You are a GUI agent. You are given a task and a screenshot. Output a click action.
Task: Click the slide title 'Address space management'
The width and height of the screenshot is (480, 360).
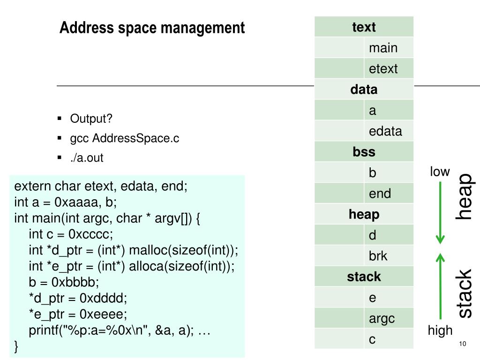coord(152,28)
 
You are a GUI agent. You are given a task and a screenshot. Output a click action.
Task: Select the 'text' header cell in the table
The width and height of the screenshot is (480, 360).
coord(364,27)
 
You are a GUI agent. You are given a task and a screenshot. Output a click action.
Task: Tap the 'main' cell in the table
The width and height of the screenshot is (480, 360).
coord(389,48)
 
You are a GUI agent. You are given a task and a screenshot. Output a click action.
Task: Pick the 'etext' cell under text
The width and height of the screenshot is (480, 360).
coord(389,68)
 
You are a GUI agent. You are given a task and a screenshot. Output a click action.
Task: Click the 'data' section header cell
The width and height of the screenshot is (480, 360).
coord(364,90)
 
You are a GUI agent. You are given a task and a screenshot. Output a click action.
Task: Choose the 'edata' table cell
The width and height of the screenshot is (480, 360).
coord(389,131)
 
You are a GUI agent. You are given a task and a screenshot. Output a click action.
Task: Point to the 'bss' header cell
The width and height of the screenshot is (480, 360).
coord(364,152)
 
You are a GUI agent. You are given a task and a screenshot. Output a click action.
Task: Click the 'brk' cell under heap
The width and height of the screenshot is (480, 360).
coord(389,256)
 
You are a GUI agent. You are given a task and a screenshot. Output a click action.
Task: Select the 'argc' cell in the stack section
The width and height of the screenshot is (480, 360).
coord(389,318)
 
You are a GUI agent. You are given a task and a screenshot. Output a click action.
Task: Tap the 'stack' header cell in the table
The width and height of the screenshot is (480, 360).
coord(364,277)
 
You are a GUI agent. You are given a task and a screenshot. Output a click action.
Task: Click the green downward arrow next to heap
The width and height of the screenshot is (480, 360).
coord(440,213)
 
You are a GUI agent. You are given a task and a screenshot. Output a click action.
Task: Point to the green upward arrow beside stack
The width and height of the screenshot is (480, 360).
coord(440,286)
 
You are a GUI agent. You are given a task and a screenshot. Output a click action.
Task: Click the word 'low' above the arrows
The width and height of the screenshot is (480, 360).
coord(440,172)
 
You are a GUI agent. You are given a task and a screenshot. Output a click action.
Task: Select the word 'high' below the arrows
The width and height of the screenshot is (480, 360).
coord(440,330)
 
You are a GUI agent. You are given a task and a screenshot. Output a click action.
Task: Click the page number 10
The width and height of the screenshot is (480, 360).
coord(463,344)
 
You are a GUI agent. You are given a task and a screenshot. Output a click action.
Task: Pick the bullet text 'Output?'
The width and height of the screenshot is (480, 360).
coord(91,119)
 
